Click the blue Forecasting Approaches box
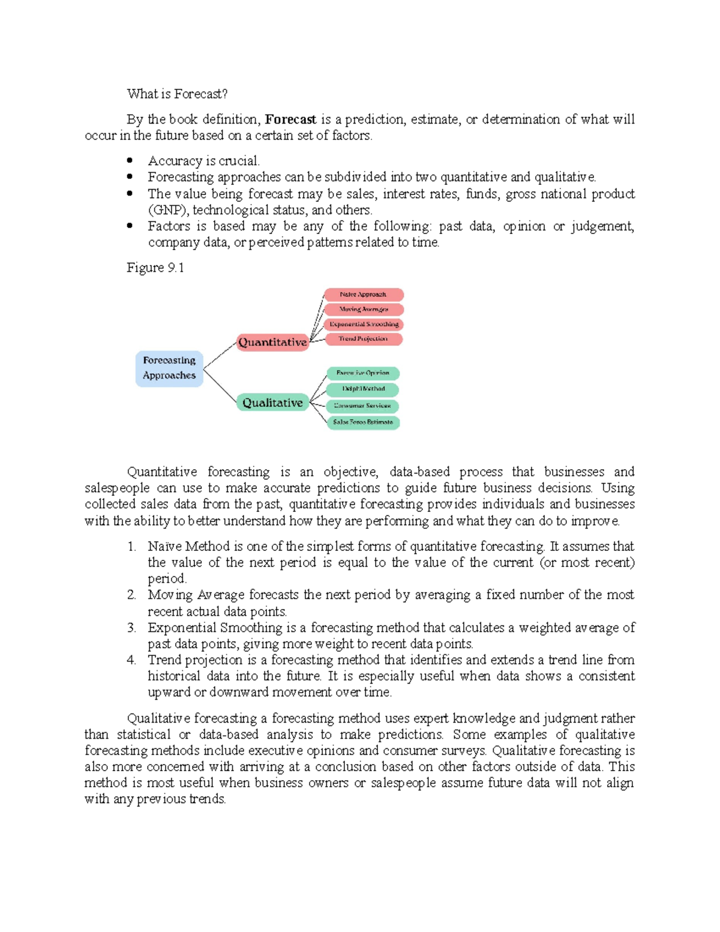tap(169, 368)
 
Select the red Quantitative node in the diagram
tap(272, 342)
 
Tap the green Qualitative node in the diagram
tap(272, 403)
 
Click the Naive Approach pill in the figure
tap(364, 295)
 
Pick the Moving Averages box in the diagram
tap(364, 310)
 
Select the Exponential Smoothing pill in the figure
tap(364, 324)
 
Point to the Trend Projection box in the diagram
tap(364, 339)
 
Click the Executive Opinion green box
tap(363, 373)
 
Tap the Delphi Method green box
tap(363, 389)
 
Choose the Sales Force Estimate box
tap(363, 422)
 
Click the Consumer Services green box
tap(363, 406)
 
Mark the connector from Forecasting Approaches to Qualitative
tap(220, 387)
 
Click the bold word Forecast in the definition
tap(290, 119)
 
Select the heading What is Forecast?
tap(177, 94)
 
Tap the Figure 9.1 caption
tap(155, 268)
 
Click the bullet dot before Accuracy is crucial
tap(130, 160)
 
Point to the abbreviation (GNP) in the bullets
tap(168, 210)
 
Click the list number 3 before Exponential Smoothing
tap(131, 628)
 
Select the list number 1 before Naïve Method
tap(131, 547)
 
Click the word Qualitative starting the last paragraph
tap(158, 718)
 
